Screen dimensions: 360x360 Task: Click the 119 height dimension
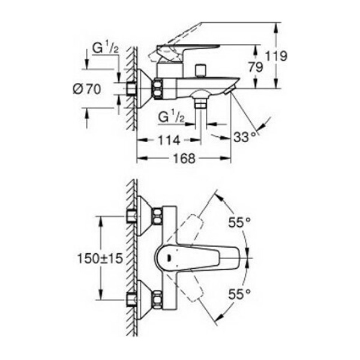point(276,56)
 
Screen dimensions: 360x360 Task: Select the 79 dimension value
point(256,67)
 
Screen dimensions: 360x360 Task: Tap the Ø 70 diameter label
point(87,89)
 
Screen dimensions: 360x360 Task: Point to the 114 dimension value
point(169,140)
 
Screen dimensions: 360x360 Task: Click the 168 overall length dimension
point(184,158)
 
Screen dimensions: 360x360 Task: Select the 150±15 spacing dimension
point(100,259)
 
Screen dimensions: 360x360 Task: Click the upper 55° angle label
point(239,222)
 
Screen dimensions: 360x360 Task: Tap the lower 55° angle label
point(239,294)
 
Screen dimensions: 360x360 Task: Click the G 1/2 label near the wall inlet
point(106,49)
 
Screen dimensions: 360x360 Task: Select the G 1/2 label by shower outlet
point(172,118)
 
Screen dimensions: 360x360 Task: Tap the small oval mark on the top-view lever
point(170,259)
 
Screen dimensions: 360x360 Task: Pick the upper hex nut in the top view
point(157,216)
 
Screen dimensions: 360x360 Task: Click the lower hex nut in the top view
point(157,299)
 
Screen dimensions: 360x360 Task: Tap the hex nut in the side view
point(157,89)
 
